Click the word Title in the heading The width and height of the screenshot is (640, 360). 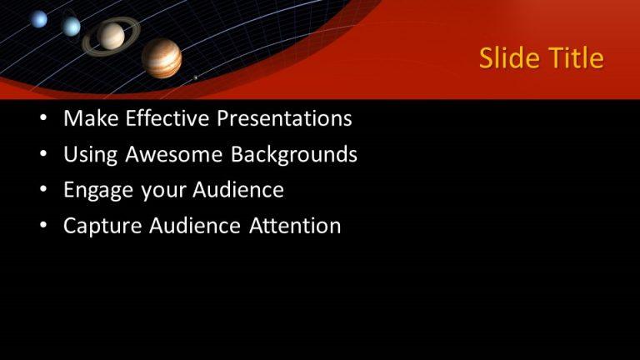(575, 58)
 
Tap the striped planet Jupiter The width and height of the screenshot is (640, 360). (161, 57)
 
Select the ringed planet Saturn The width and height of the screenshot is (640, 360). (111, 36)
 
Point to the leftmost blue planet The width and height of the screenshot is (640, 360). (39, 19)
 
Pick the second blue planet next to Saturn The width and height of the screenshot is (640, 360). (72, 26)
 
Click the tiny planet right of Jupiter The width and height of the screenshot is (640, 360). (196, 77)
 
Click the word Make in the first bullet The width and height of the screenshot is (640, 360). (91, 118)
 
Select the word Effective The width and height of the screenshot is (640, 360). (167, 118)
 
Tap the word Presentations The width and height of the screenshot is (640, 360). (284, 118)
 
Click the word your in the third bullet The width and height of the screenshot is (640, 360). (163, 191)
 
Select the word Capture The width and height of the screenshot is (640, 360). (102, 226)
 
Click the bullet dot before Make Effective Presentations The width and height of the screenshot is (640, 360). (43, 119)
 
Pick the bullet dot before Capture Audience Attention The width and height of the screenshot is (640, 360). (43, 227)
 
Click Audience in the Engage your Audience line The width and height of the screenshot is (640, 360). (238, 190)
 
